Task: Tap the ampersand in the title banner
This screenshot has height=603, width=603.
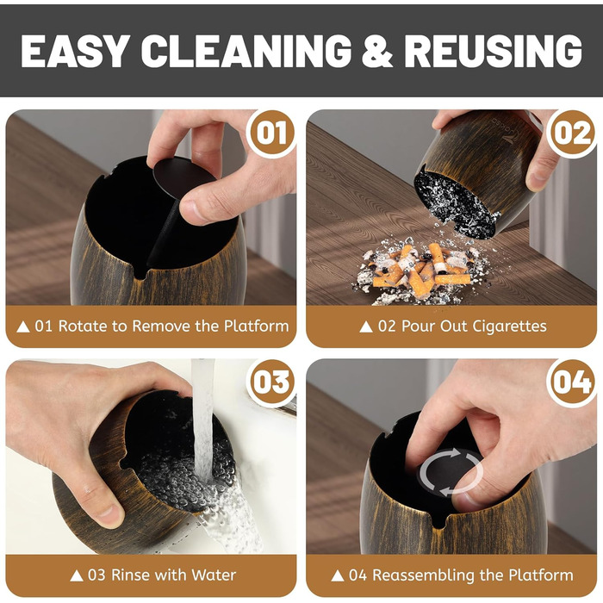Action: [x=377, y=51]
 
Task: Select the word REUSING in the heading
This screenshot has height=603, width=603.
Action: [x=493, y=51]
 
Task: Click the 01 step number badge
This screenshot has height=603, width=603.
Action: [x=271, y=133]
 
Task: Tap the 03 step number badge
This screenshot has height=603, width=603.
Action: [x=271, y=382]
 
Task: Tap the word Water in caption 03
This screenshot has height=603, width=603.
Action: [x=214, y=575]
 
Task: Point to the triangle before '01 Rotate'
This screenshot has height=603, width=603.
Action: [x=23, y=326]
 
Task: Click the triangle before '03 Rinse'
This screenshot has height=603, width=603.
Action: [x=77, y=575]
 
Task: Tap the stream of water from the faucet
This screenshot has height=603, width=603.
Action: [x=203, y=423]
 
